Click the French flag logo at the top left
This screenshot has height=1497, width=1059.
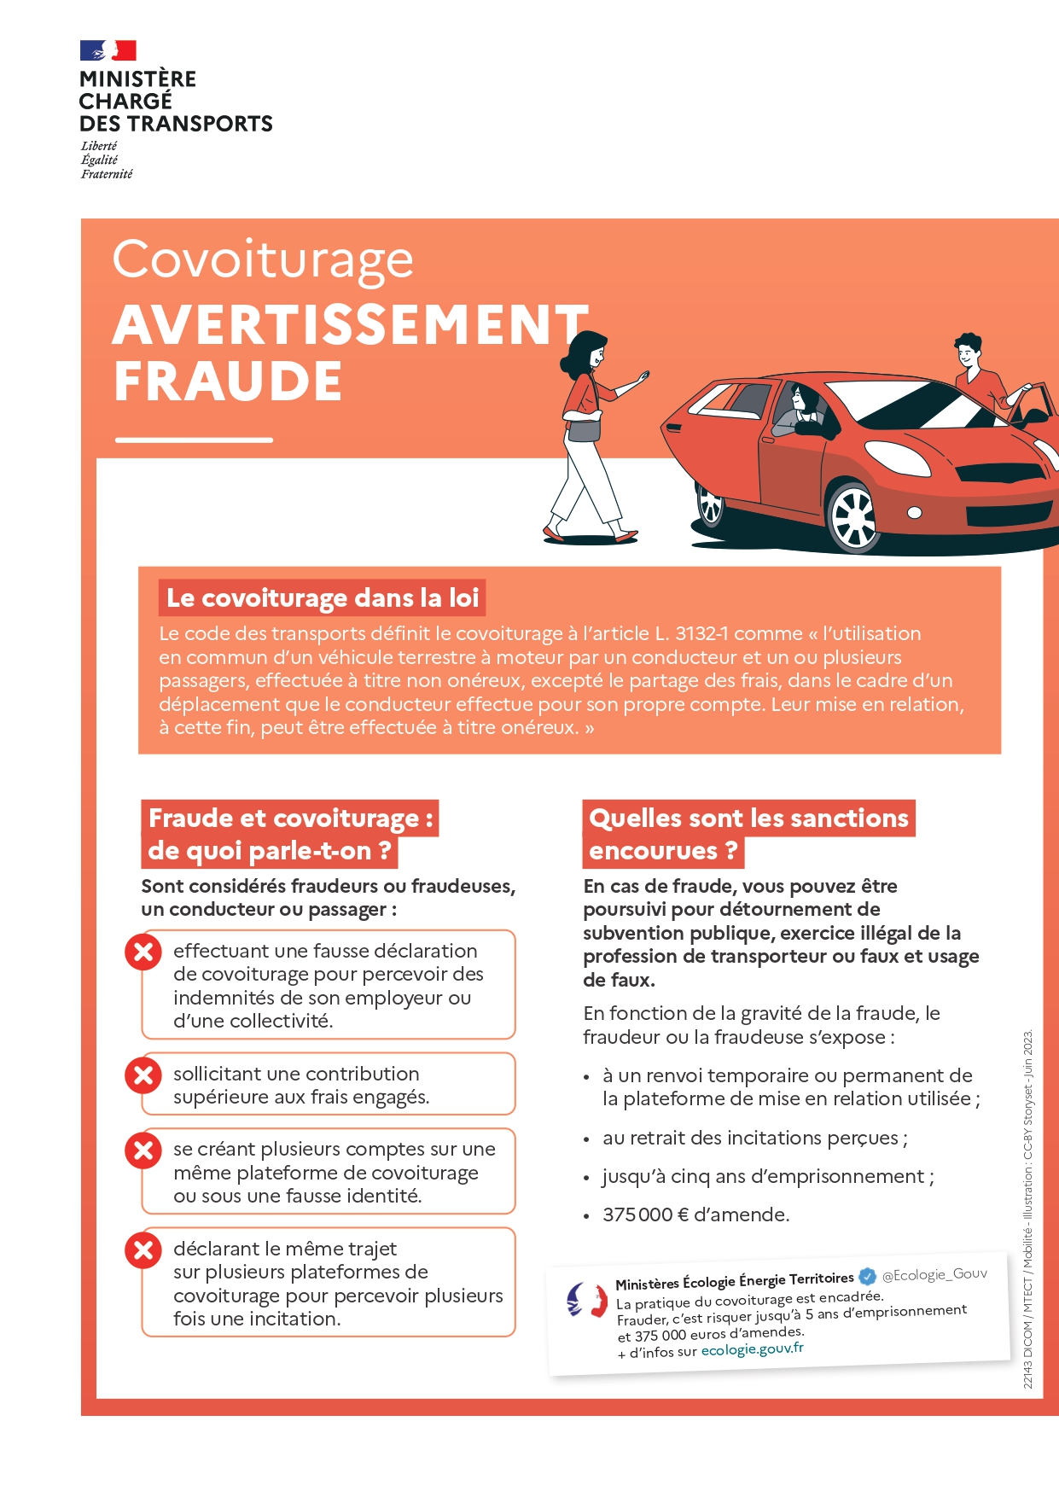(108, 50)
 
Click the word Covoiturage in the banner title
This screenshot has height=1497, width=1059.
(263, 259)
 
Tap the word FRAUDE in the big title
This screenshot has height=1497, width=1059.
(228, 382)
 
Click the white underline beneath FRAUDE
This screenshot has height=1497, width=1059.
(194, 440)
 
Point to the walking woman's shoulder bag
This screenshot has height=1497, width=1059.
(584, 428)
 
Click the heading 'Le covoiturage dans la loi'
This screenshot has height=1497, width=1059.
(322, 598)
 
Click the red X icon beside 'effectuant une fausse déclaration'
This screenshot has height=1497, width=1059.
(143, 952)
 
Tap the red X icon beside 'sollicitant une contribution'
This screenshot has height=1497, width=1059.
(143, 1075)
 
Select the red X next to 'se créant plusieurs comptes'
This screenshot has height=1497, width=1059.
(143, 1150)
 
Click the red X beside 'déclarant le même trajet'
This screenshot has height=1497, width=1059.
(143, 1250)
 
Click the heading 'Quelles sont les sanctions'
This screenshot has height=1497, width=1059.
(748, 818)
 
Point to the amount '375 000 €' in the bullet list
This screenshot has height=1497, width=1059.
(645, 1214)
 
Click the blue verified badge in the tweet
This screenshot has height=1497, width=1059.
(867, 1277)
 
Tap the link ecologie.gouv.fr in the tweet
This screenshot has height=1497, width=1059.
(752, 1349)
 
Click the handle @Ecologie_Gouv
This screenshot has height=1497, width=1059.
(934, 1274)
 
